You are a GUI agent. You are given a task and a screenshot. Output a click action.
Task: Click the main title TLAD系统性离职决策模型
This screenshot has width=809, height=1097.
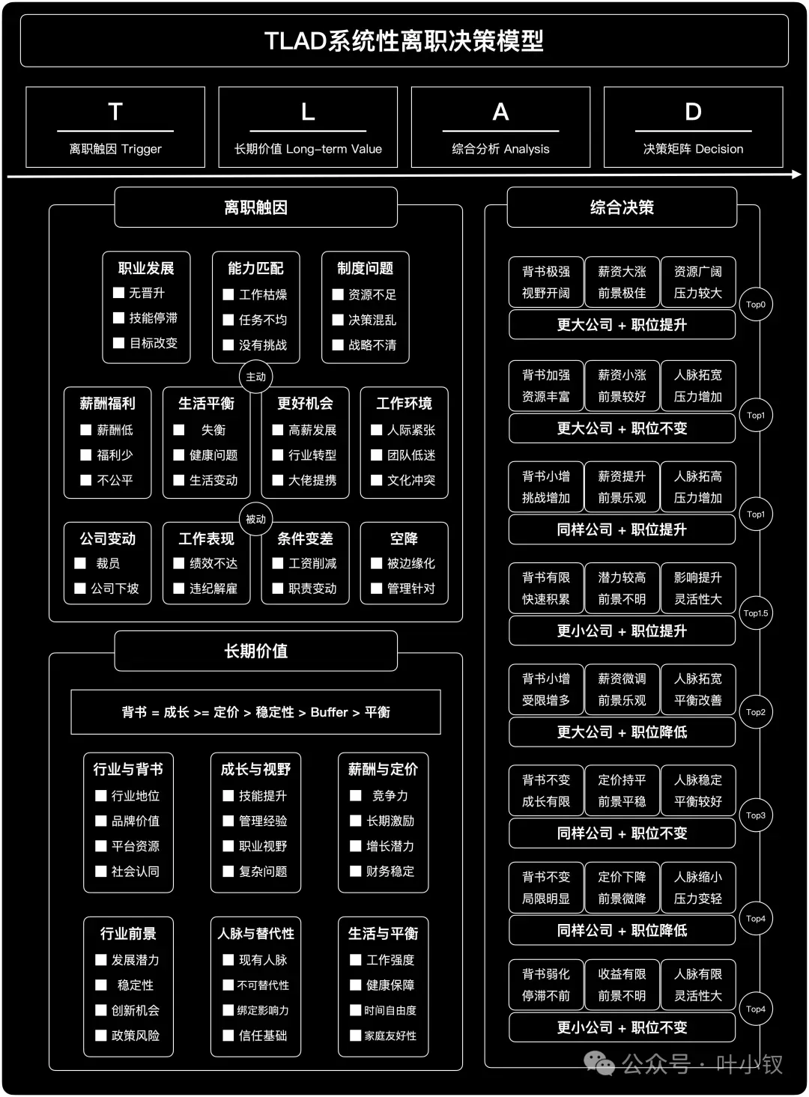(404, 40)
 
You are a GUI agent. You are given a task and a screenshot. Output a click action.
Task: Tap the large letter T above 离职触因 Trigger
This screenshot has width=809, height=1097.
(115, 112)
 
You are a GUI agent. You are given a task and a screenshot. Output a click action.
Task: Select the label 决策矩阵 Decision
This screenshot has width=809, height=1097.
(693, 149)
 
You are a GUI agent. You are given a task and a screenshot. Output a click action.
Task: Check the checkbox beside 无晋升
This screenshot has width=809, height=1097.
(118, 293)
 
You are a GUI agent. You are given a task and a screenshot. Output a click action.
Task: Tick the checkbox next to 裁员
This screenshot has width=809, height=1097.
(81, 563)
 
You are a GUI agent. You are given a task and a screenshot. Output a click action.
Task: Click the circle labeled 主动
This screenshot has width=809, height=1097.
(255, 377)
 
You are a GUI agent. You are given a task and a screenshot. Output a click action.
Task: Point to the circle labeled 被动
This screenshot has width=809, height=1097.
(255, 519)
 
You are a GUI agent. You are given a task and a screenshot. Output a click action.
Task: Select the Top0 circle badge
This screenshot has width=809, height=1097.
(755, 305)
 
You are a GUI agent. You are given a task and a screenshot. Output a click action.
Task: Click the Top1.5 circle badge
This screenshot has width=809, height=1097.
(755, 613)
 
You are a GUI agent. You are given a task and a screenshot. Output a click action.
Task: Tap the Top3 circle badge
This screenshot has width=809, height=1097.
(755, 815)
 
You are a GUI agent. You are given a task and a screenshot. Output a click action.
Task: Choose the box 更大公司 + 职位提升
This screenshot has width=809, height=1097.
(622, 325)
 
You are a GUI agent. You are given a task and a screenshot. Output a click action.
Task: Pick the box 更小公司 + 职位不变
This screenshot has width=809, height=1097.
(622, 1027)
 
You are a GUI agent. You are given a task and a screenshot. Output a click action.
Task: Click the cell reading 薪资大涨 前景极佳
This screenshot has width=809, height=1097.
(622, 282)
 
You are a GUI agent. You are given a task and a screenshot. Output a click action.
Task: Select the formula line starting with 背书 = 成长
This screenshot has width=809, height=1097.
(255, 712)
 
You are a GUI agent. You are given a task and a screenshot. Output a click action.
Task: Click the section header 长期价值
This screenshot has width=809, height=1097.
(255, 651)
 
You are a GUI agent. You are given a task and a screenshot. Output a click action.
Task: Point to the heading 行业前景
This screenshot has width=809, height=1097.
(128, 934)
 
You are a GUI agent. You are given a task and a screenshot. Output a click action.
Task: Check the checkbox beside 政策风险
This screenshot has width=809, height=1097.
(101, 1036)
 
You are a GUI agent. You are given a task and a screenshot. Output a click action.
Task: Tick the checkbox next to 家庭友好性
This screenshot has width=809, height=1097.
(356, 1036)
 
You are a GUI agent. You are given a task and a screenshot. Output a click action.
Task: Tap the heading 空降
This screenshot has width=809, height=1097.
(404, 538)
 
